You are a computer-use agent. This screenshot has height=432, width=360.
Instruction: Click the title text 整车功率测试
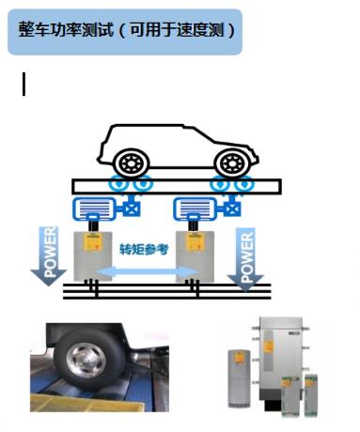66,30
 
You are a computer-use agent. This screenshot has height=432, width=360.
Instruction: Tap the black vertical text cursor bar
23,84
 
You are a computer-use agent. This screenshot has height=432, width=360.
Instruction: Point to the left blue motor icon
93,208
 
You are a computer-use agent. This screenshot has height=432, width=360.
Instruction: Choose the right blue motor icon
195,208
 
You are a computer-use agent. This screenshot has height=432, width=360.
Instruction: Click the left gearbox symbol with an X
131,208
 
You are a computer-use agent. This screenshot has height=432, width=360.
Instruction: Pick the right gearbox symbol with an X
232,208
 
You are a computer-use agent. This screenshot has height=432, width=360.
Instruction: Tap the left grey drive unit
93,256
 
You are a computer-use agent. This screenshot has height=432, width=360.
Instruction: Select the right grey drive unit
195,256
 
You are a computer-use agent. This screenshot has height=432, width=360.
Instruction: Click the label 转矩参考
144,249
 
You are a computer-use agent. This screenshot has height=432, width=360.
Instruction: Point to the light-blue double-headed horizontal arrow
147,272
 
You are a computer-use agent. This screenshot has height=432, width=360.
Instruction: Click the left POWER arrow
49,255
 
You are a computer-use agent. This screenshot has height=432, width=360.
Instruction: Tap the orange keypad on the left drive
93,242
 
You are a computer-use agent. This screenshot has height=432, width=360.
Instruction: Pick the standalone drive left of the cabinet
240,378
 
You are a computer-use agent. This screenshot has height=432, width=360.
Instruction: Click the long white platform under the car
177,187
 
